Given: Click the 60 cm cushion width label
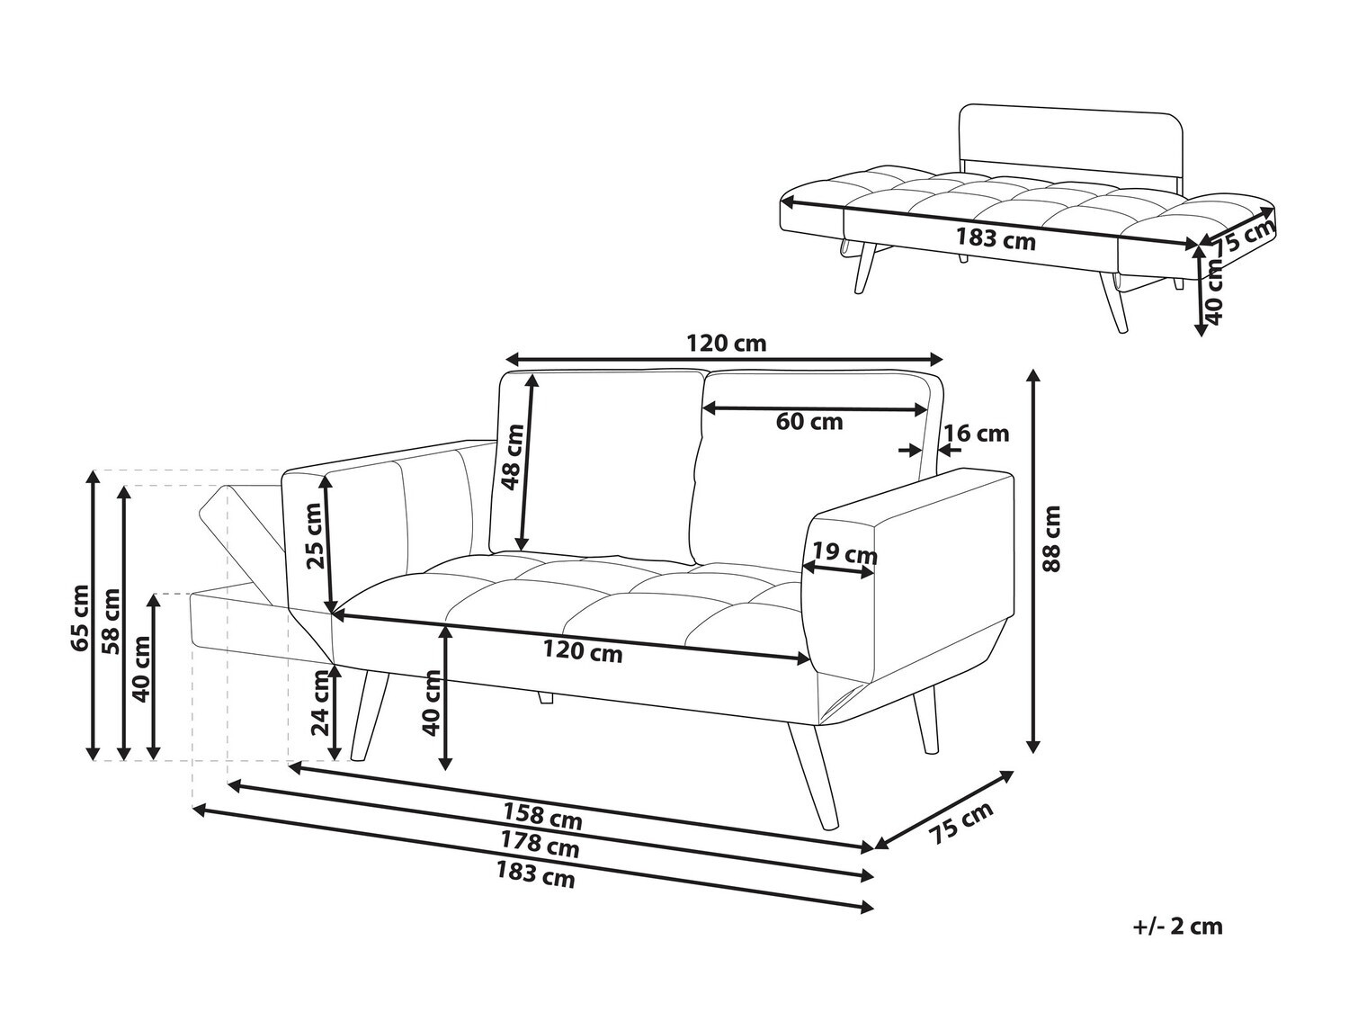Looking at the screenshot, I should [809, 421].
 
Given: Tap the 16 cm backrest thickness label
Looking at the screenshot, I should [977, 434].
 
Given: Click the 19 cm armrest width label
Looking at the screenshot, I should [844, 553].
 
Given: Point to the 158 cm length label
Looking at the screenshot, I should [541, 816].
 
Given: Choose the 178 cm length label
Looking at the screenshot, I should [539, 845].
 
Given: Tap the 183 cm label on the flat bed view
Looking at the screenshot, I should [995, 240].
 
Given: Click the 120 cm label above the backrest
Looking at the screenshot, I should [726, 343].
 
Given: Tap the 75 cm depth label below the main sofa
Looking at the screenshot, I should [961, 822].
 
